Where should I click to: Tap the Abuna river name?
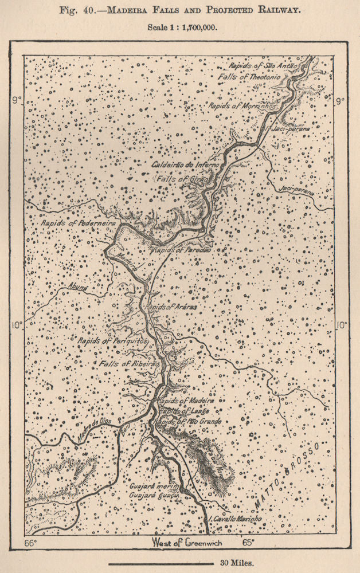coord(78,288)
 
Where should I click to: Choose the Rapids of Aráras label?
coord(172,308)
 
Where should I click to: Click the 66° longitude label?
coord(30,542)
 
